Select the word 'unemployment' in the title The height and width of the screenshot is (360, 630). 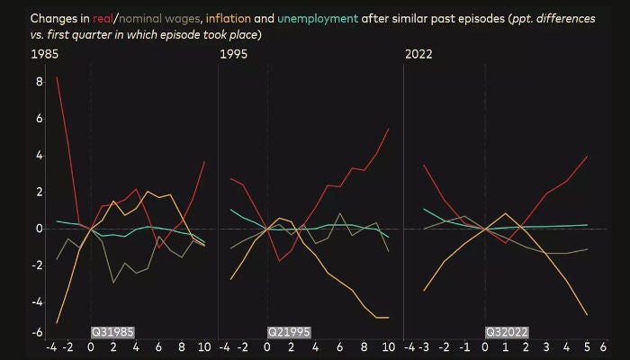coord(319,18)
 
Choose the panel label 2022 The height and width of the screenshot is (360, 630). coord(418,54)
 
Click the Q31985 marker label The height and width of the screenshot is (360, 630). coord(113,332)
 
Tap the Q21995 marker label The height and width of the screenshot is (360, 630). coord(289,332)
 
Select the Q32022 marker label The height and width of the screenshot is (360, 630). coord(508,332)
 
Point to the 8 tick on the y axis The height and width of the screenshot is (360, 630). coord(39,81)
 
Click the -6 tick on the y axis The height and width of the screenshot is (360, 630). coord(37,332)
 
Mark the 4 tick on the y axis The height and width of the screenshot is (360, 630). coord(39,155)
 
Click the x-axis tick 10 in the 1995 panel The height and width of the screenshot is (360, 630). coord(388,346)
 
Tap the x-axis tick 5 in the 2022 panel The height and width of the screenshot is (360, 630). coord(586,346)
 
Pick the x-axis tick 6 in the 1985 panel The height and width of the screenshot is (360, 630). coord(158,346)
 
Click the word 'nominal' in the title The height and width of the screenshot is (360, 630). coord(145,18)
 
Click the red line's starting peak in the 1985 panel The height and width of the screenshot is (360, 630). coord(58,77)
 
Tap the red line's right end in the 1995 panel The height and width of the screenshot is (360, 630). coord(388,129)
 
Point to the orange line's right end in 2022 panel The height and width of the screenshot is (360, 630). coord(587,315)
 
